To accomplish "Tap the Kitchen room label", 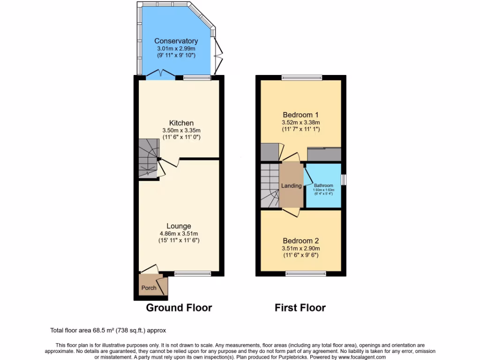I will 182,123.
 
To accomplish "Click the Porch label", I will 149,288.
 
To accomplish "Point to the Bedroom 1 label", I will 300,115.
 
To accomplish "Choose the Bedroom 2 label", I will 300,241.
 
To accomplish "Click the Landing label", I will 291,186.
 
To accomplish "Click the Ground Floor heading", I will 179,308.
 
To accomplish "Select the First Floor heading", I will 300,308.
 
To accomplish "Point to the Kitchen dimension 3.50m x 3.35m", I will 182,131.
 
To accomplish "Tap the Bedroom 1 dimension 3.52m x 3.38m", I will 300,122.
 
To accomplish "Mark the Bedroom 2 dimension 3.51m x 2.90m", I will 300,248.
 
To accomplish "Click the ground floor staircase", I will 148,159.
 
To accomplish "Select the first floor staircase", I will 270,185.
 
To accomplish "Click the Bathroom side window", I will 343,180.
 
